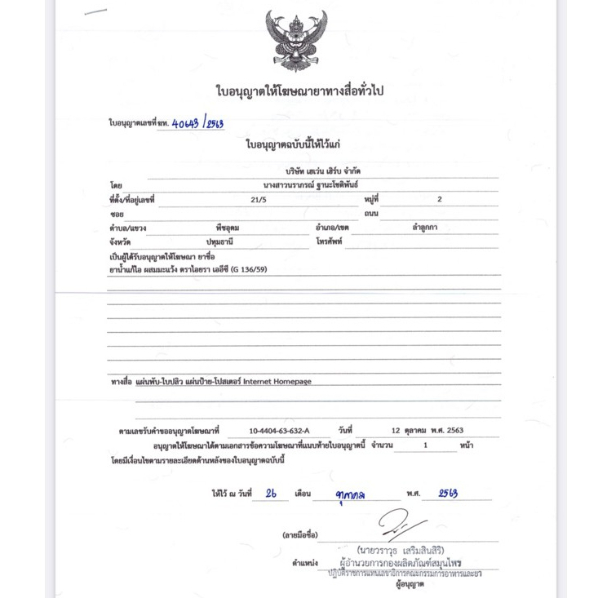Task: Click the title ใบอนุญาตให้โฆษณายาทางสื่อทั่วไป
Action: [299, 91]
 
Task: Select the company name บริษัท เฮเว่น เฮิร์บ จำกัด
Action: [323, 171]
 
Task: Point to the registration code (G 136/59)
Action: [249, 269]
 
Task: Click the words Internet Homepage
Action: [277, 381]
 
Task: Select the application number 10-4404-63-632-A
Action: [279, 430]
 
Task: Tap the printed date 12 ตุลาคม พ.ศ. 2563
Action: [427, 430]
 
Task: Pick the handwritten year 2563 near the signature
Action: [448, 494]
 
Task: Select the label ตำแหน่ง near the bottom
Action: [304, 563]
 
